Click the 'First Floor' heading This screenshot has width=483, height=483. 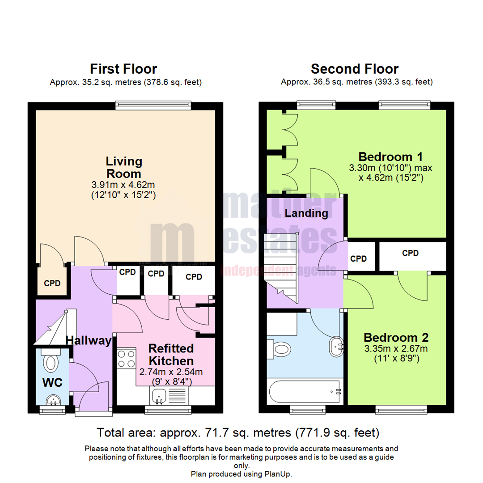coord(123,69)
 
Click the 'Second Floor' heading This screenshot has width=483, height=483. coord(355,69)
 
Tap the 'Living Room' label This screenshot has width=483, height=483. coord(123,167)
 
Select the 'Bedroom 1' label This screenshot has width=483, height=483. coord(391,157)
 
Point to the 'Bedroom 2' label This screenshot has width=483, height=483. coord(396,337)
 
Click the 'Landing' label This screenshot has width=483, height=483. coord(306,213)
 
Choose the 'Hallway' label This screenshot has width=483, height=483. coord(89,341)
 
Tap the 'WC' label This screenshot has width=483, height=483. coord(52,382)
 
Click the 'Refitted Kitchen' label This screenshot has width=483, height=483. coord(171,354)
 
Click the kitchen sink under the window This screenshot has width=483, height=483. coord(159,395)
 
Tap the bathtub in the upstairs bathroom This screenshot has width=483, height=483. coord(304,392)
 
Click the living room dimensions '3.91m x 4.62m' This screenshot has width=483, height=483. coord(123,184)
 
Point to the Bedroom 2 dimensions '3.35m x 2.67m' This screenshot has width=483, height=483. coord(396,349)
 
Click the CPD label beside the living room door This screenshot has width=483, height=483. coord(52,283)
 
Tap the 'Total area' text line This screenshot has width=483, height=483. coord(238,432)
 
